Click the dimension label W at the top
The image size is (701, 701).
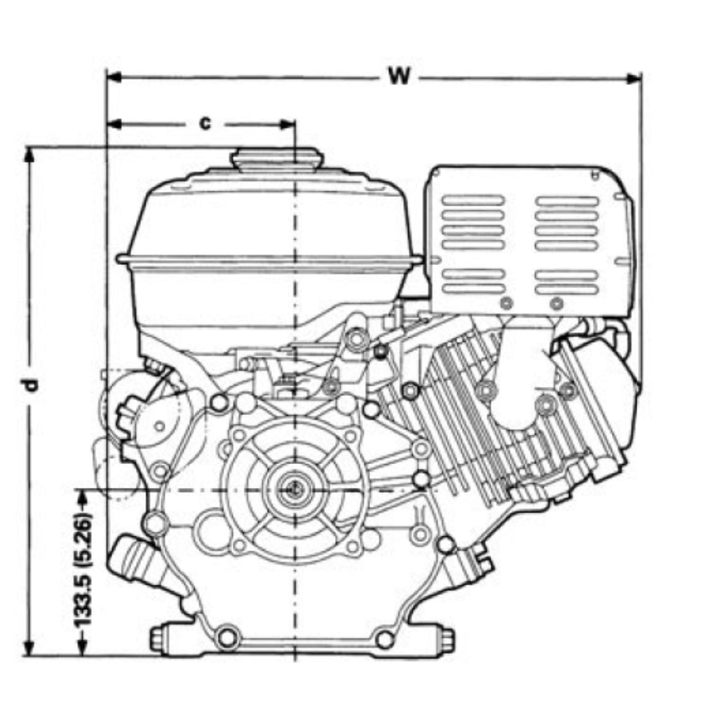click(399, 76)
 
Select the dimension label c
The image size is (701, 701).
click(205, 123)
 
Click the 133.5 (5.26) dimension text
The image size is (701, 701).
click(84, 571)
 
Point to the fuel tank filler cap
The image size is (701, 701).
click(275, 159)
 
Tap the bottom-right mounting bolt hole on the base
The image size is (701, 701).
click(385, 639)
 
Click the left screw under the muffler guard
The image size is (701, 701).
click(506, 303)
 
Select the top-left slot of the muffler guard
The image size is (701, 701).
click(473, 200)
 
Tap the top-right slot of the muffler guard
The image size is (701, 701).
click(567, 200)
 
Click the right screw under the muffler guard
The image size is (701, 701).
click(557, 304)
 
